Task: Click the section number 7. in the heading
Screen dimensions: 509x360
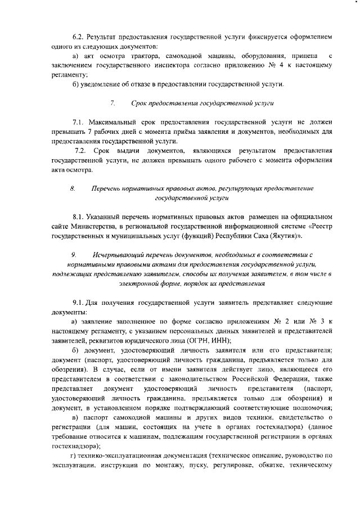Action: click(113, 103)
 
